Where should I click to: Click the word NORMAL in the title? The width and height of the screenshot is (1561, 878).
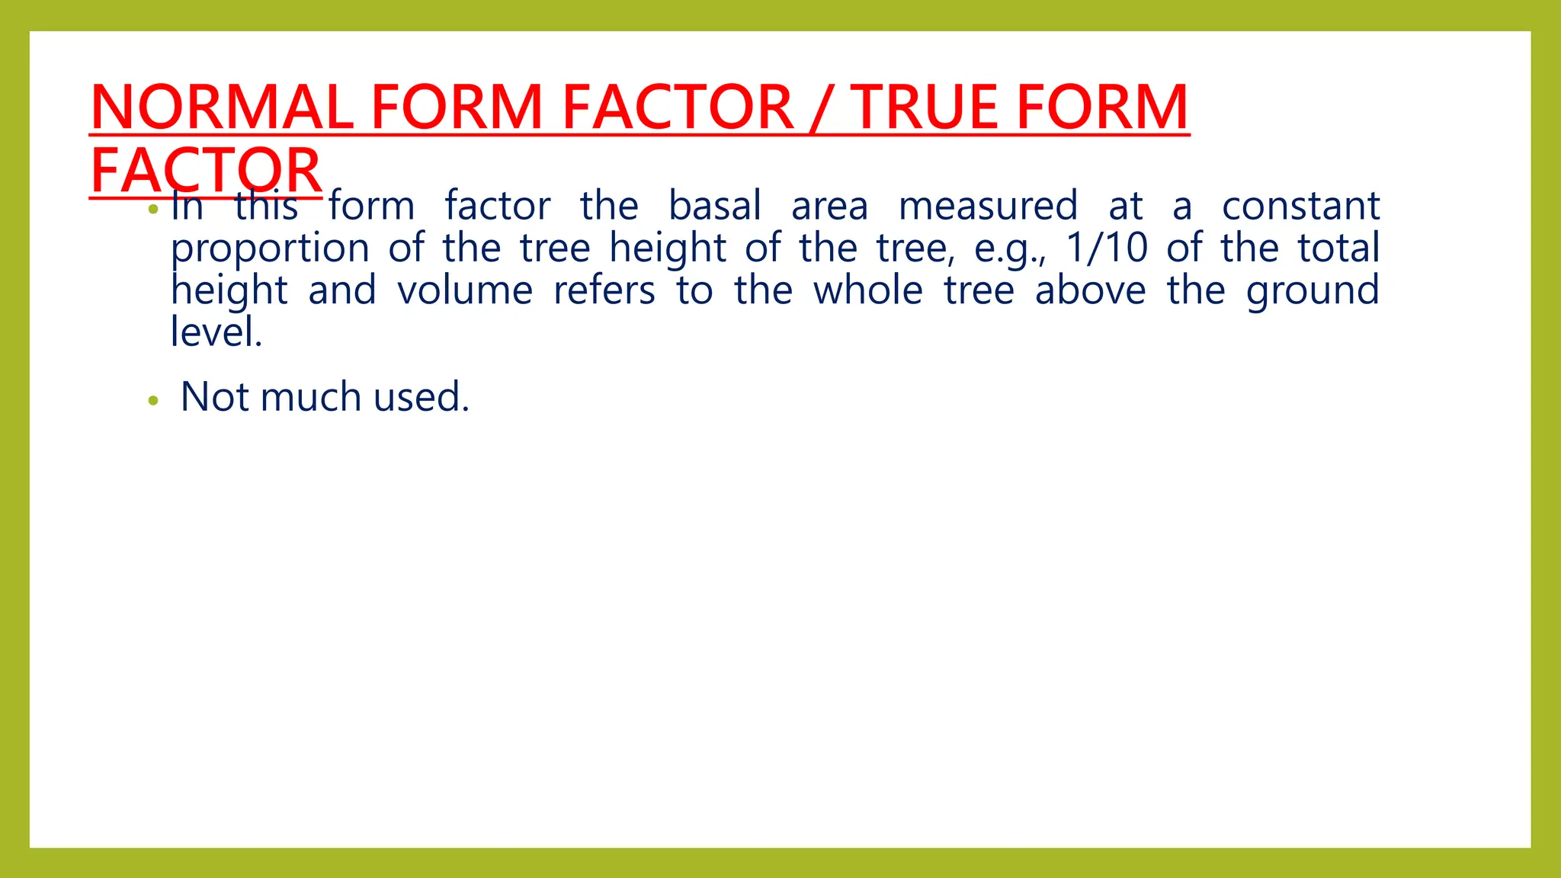(222, 107)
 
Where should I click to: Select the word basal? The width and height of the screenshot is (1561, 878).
(715, 207)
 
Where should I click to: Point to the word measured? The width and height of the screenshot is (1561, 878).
(989, 207)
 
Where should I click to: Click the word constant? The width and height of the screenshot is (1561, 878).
(1300, 207)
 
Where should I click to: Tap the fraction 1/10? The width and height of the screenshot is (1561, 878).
(1106, 248)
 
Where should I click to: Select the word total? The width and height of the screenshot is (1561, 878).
(1338, 248)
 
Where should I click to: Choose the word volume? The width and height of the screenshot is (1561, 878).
(465, 290)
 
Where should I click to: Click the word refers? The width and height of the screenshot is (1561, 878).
(604, 290)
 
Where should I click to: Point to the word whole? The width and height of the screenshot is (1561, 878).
(868, 290)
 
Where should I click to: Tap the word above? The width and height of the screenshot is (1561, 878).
(1090, 290)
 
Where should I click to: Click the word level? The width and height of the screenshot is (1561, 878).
(216, 332)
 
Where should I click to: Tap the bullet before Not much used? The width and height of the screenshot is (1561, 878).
(153, 400)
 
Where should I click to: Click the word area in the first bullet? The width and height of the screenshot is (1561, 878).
(829, 207)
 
